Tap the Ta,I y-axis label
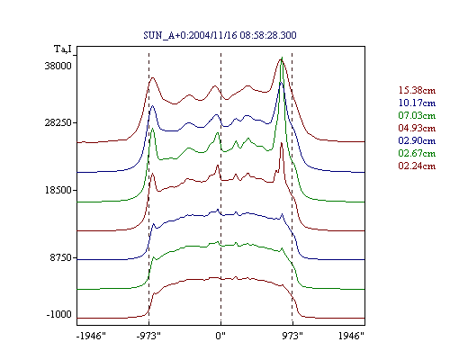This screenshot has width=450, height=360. pyautogui.click(x=63, y=49)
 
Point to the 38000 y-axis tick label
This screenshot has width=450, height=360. pyautogui.click(x=58, y=66)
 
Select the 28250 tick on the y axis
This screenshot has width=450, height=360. pyautogui.click(x=58, y=122)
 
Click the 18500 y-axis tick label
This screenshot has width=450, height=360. pyautogui.click(x=58, y=190)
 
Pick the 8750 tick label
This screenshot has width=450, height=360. pyautogui.click(x=61, y=257)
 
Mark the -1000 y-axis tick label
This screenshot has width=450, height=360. pyautogui.click(x=59, y=314)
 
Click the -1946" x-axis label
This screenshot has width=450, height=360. pyautogui.click(x=92, y=336)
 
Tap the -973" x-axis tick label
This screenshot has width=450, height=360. pyautogui.click(x=148, y=336)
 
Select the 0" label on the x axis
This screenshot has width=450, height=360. pyautogui.click(x=220, y=336)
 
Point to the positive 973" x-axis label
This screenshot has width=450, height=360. pyautogui.click(x=292, y=336)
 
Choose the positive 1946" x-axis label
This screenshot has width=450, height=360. pyautogui.click(x=351, y=336)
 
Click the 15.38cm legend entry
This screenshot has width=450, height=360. pyautogui.click(x=417, y=90)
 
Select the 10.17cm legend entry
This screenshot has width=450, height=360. pyautogui.click(x=417, y=103)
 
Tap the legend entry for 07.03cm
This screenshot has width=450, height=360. pyautogui.click(x=417, y=115)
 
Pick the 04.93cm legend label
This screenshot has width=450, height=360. pyautogui.click(x=417, y=128)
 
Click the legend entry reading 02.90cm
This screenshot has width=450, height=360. pyautogui.click(x=417, y=140)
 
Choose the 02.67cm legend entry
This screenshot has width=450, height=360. pyautogui.click(x=417, y=153)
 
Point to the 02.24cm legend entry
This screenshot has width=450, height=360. pyautogui.click(x=417, y=166)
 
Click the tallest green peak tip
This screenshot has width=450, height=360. pyautogui.click(x=282, y=57)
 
